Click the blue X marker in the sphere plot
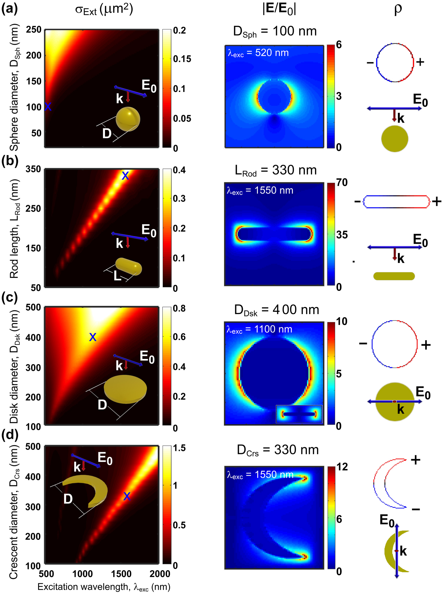coord(48,107)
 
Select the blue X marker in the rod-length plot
coord(125,176)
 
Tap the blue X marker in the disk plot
coord(93,337)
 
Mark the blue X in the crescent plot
coord(127,496)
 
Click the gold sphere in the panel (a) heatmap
coord(128,119)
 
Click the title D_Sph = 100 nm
coord(275,31)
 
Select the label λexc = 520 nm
coord(258,53)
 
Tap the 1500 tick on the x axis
coord(121,574)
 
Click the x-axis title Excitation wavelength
coord(104,587)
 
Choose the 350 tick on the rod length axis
coord(33,169)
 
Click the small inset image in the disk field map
coord(299,414)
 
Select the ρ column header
coord(398,9)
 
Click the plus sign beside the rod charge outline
coord(436,201)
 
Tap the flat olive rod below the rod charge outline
coord(394,276)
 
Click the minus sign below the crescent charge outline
coord(416,509)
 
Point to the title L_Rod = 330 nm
coord(275,171)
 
